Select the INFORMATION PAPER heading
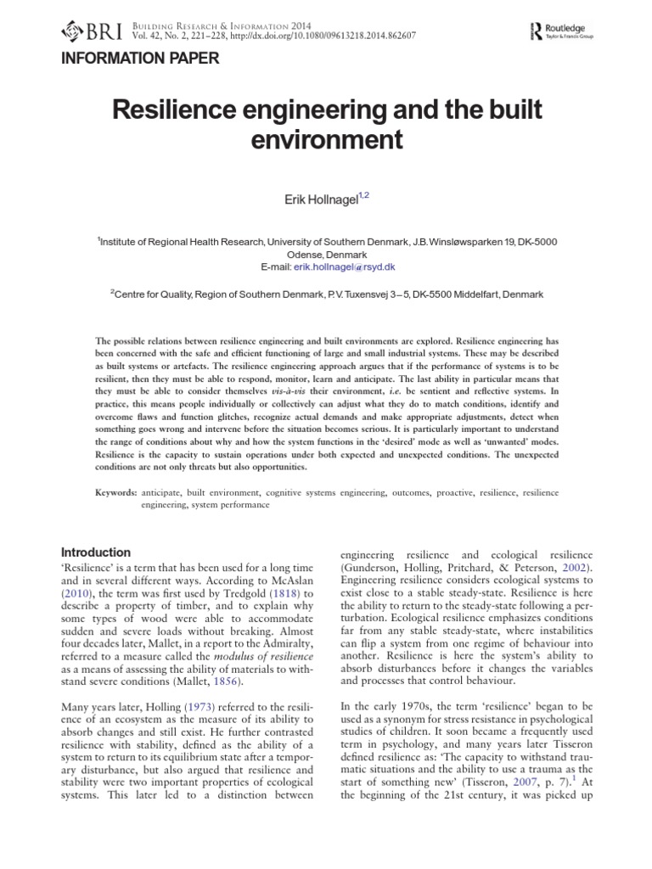138,59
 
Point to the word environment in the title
326,138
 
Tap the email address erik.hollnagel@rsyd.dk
344,266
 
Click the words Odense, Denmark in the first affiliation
326,254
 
